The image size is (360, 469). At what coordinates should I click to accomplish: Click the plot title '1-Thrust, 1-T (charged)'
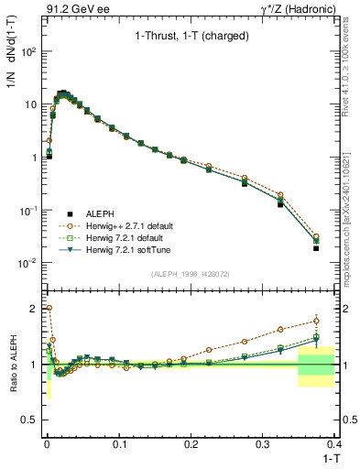(x=180, y=37)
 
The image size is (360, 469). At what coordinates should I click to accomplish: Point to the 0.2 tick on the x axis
(x=191, y=443)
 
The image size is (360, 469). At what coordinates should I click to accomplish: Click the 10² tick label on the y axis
(x=27, y=52)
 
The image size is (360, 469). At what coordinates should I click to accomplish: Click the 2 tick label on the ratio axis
(x=32, y=308)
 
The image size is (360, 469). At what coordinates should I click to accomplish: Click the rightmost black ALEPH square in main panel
(x=316, y=248)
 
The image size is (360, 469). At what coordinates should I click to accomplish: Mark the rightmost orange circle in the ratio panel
(x=316, y=320)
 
